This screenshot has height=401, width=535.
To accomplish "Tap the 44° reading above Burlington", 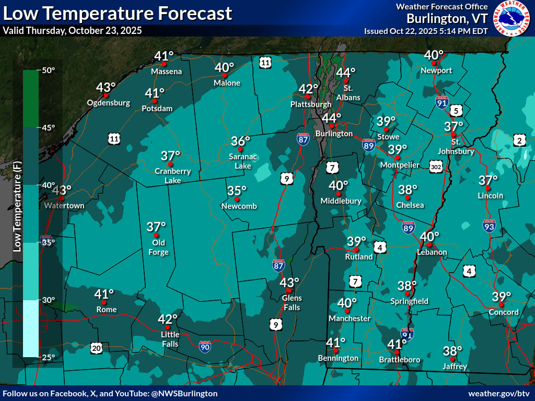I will [331, 118].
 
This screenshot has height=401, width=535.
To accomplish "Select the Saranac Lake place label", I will [241, 161].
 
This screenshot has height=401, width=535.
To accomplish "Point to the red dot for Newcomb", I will [237, 199].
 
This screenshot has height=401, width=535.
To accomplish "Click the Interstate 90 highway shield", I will [206, 346].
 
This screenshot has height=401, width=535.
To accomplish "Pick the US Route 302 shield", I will [436, 166].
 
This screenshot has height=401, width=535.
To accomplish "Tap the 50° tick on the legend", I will [49, 70].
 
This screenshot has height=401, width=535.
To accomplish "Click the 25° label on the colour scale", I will [49, 357].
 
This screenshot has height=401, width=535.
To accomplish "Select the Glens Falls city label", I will [292, 303].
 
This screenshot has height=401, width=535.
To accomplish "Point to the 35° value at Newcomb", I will [237, 191].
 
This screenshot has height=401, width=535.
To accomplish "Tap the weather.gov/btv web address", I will [499, 393].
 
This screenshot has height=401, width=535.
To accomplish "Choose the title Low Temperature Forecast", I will [117, 13].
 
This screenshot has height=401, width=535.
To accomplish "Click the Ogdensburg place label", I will [109, 103].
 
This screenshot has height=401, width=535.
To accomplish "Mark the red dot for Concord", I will [501, 304].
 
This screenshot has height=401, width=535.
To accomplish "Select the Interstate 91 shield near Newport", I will [442, 102].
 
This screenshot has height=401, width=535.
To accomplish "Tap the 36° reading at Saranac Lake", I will [241, 141].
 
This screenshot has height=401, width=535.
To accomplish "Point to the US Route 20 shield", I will [96, 348].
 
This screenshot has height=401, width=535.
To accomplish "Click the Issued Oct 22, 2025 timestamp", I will [426, 31].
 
